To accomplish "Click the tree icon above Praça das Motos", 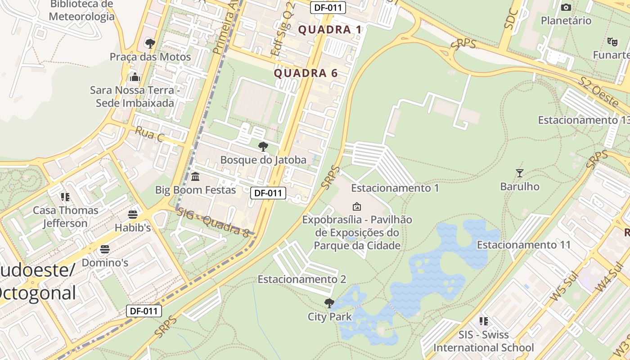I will [x=150, y=44].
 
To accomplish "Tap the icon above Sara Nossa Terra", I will [x=135, y=77].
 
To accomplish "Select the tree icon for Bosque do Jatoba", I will [x=263, y=146].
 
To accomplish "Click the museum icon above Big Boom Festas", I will [x=195, y=176].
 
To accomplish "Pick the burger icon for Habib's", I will [x=132, y=214].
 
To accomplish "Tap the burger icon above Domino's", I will [x=105, y=249].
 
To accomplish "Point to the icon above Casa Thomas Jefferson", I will [x=66, y=197].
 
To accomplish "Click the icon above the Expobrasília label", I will [x=357, y=207].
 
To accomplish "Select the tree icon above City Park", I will [x=329, y=303].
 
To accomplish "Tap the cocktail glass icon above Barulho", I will [x=520, y=173].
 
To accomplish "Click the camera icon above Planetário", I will [x=566, y=7].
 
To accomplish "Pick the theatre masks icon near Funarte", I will [x=612, y=41].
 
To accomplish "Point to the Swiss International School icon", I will [x=484, y=321].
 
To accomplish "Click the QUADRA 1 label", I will [x=330, y=30].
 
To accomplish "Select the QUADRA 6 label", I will [x=306, y=73].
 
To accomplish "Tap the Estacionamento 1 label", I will [x=395, y=188].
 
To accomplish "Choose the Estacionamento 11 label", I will [x=523, y=245].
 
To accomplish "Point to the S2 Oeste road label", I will [x=598, y=92].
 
